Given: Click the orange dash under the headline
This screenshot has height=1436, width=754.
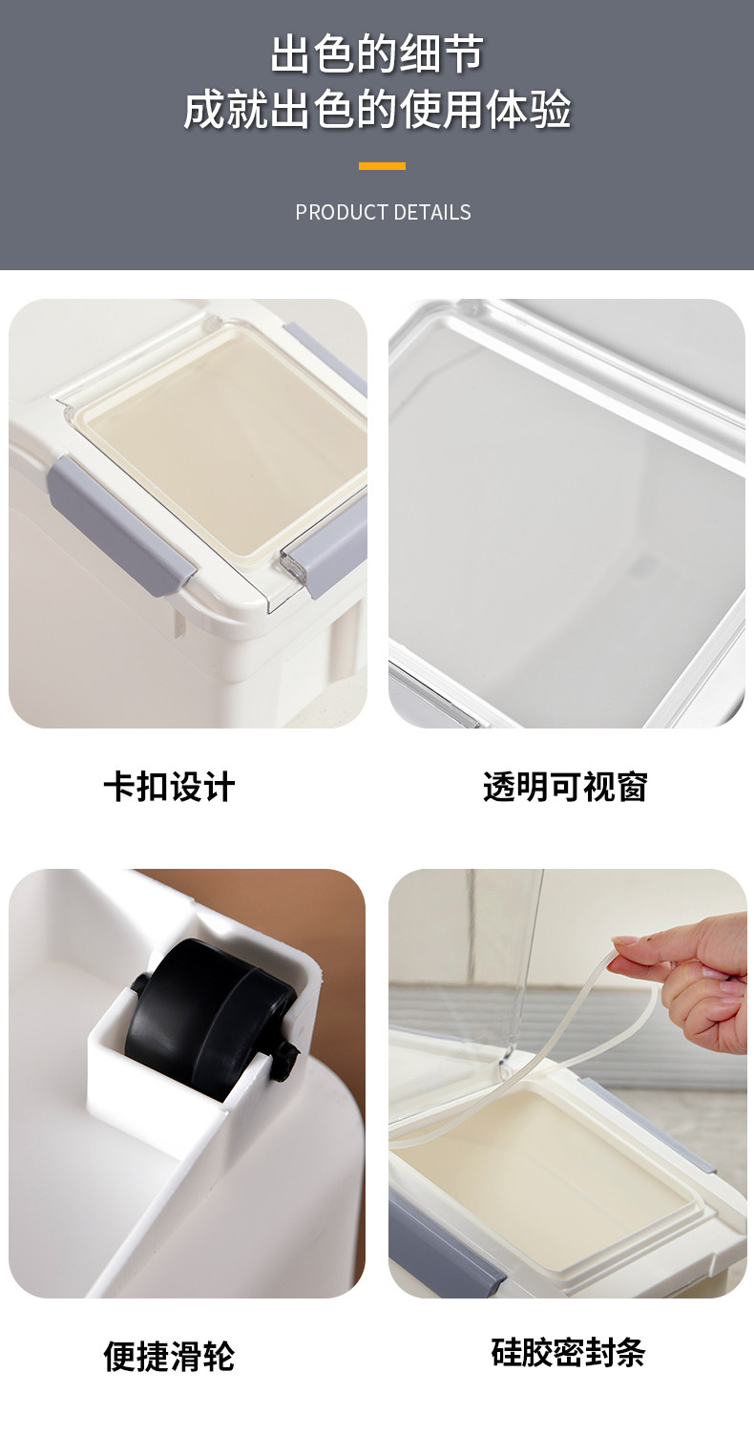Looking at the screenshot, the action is click(382, 166).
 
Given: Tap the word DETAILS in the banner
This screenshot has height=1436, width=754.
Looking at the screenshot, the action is click(432, 212).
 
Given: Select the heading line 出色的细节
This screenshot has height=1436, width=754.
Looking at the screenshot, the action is click(377, 53).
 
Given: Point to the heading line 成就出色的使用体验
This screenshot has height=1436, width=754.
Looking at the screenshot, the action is click(377, 110).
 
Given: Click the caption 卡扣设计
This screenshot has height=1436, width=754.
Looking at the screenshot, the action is click(169, 787).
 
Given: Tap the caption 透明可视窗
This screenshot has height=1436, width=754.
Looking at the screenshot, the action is click(565, 787).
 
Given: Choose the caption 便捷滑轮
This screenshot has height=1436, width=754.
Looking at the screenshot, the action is click(169, 1356).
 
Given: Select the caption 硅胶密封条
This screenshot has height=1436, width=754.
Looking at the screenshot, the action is click(568, 1353).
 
